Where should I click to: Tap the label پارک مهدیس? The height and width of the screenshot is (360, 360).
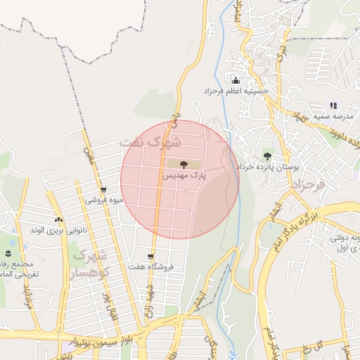tap(185, 176)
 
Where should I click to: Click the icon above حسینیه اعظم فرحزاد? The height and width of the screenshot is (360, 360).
tap(235, 79)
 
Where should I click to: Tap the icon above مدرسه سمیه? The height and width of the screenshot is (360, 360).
tap(333, 105)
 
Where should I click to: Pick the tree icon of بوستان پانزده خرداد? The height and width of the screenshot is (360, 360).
tap(267, 155)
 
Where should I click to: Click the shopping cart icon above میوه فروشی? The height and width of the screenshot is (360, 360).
tap(104, 189)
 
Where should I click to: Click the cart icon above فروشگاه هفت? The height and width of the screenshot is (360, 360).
tap(150, 257)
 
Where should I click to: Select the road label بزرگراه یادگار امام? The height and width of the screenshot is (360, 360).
tap(295, 229)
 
